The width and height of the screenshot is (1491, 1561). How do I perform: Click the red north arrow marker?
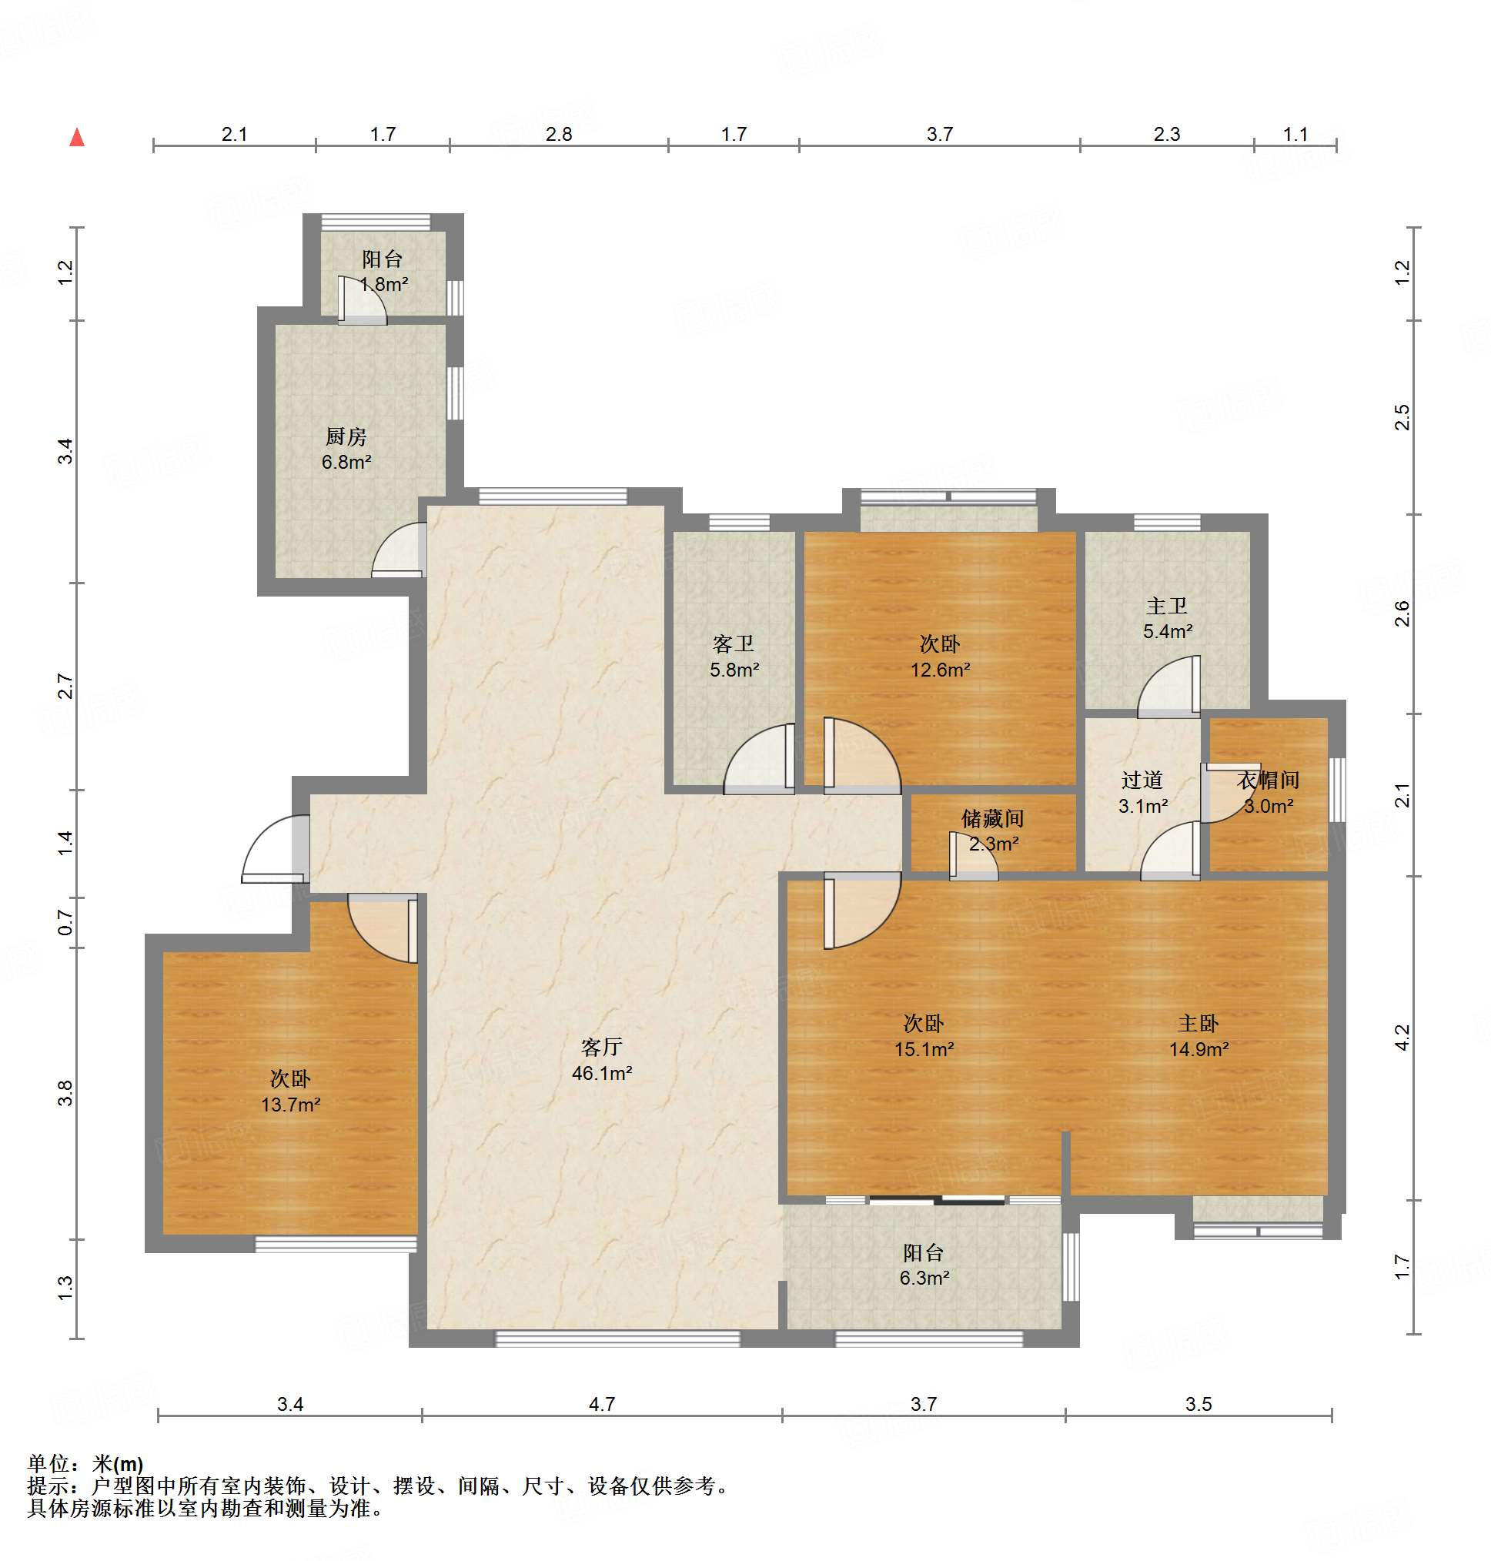77,138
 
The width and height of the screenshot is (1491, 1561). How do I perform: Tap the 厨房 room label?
346,436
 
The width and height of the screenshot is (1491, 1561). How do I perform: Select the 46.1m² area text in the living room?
602,1073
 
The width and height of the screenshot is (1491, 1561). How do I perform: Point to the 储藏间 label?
993,818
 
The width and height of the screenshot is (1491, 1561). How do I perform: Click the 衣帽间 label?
1268,780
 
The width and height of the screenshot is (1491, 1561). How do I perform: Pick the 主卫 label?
1167,606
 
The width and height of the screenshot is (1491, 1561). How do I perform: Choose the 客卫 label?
733,643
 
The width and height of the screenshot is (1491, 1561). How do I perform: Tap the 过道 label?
1142,780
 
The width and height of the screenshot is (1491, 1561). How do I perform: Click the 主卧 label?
1198,1023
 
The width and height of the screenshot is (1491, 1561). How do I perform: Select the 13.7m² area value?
290,1104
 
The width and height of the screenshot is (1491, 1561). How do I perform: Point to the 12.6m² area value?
940,669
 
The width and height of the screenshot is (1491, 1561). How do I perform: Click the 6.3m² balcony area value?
924,1277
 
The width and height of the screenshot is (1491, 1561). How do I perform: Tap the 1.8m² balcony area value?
384,284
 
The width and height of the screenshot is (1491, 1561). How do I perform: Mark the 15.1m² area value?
924,1048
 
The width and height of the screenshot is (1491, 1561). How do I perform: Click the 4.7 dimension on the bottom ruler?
602,1404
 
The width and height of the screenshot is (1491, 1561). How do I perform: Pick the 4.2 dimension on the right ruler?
1402,1038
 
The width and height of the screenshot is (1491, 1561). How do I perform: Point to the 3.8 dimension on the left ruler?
65,1093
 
